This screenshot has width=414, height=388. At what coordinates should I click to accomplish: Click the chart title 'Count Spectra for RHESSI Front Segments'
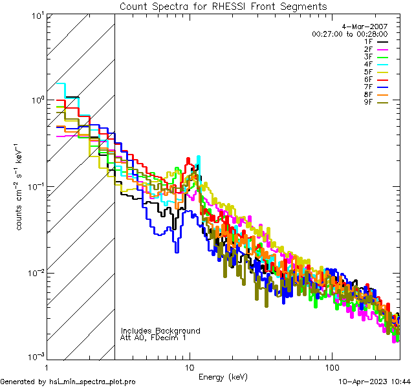223,6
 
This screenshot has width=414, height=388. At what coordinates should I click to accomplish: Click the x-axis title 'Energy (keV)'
223,377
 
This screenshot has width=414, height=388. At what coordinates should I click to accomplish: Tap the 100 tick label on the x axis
331,367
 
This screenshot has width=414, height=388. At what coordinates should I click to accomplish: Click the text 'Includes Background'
160,330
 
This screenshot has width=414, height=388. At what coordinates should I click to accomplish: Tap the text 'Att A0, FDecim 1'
153,338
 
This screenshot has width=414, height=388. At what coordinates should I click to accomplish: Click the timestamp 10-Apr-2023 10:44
373,382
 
